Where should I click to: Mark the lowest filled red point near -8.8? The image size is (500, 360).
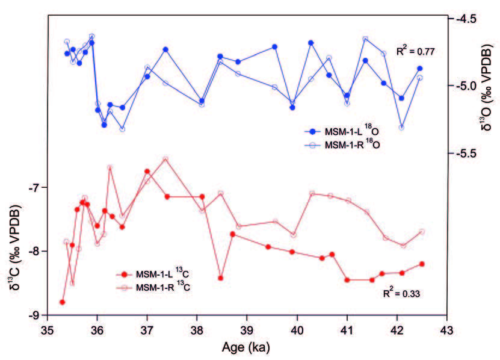(x=62, y=302)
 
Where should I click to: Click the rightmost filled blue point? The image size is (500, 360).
(x=420, y=69)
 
